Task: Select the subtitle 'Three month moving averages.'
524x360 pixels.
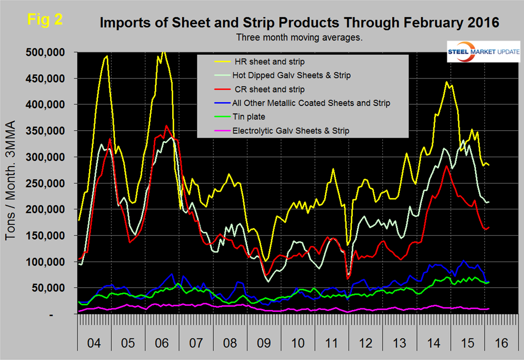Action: click(300, 38)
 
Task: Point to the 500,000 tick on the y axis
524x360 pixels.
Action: click(45, 52)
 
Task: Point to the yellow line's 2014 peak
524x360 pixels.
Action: click(447, 82)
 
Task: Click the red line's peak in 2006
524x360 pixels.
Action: click(166, 125)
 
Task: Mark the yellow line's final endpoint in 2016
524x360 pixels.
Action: click(489, 165)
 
